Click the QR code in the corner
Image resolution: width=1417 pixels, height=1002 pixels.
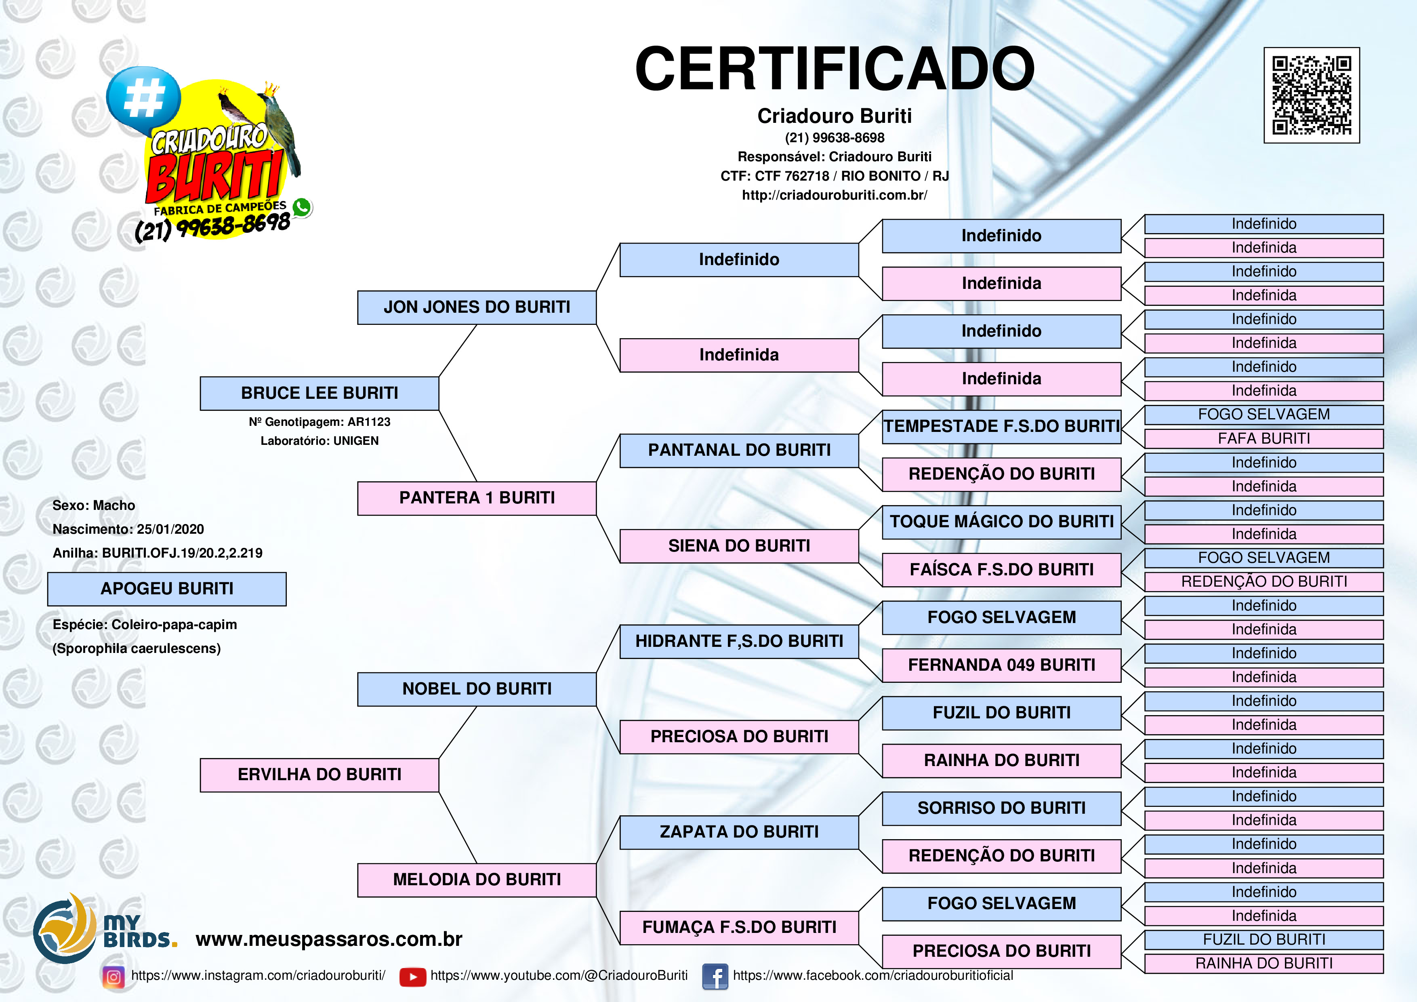coord(1312,95)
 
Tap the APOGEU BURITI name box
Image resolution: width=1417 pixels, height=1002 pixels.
coord(167,589)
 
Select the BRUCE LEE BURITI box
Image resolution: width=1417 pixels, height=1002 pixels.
coord(319,393)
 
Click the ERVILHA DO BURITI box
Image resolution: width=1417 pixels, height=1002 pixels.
coord(319,775)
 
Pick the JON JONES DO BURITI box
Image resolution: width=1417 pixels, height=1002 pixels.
coord(477,307)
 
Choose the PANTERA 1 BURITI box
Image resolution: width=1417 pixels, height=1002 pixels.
coord(477,498)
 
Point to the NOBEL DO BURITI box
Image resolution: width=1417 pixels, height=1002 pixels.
coord(477,689)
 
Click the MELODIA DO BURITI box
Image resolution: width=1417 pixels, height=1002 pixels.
coord(477,880)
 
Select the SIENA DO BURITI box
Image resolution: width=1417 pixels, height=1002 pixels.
coord(739,546)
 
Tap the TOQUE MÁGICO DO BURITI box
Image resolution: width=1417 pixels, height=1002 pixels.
coord(1002,522)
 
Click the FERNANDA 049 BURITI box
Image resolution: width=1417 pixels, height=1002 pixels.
coord(1002,665)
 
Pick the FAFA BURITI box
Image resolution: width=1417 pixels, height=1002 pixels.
coord(1264,438)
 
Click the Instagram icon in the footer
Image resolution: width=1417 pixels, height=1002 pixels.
coord(114,977)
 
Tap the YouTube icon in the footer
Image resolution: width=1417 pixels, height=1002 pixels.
coord(412,977)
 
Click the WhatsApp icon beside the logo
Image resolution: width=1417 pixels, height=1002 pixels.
coord(302,207)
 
